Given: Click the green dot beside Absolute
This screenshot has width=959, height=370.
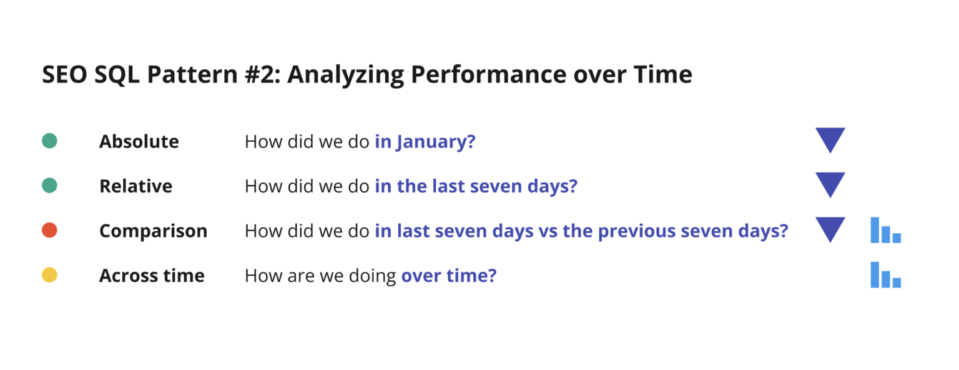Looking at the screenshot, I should [49, 141].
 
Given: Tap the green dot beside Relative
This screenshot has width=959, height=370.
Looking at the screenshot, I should [49, 186].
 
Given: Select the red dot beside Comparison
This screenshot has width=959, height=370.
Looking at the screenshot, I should [49, 231].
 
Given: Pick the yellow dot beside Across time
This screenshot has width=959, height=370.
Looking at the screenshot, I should [49, 275].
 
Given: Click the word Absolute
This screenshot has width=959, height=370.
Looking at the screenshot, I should [139, 142].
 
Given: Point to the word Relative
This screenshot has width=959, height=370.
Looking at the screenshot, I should [135, 186].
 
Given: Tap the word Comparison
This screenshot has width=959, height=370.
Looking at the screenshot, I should [153, 231].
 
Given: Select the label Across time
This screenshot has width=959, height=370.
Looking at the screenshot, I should [152, 276].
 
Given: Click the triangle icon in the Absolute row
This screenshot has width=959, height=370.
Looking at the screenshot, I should [830, 139].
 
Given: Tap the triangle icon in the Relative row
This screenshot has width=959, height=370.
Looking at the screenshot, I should [830, 184].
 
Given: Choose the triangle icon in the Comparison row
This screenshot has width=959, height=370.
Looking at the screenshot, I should [830, 229].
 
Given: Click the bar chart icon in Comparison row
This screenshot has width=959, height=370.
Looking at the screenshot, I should [885, 230].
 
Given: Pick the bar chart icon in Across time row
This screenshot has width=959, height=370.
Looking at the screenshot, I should [885, 275].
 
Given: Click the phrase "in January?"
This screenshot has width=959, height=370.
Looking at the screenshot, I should [425, 142].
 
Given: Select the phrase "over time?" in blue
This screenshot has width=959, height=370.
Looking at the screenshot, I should [448, 276].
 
